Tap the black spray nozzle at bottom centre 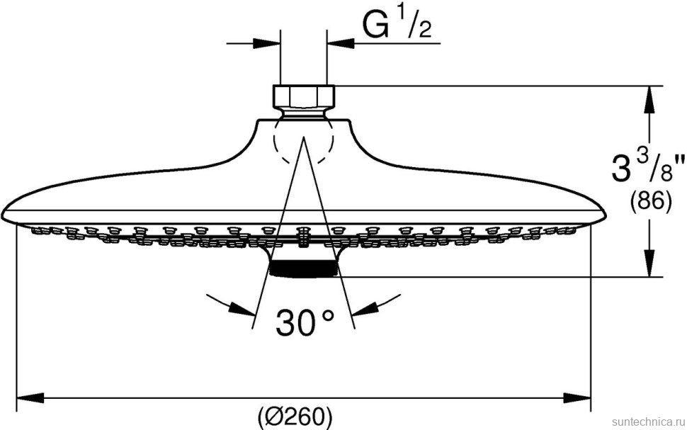pyautogui.click(x=304, y=268)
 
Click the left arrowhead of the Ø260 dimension pyautogui.click(x=24, y=397)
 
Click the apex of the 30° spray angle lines pyautogui.click(x=304, y=137)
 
